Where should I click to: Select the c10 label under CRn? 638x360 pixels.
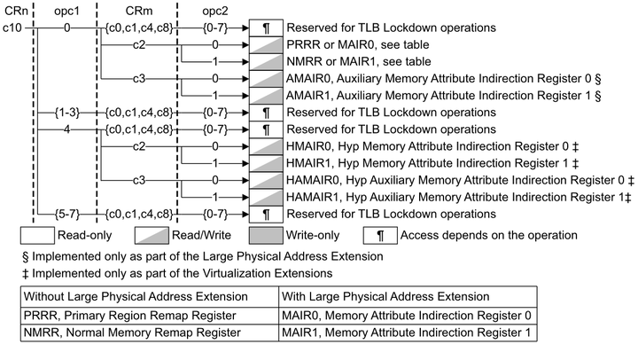[13, 28]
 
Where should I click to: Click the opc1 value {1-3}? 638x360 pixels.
[65, 113]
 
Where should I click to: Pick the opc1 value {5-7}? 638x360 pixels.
[65, 214]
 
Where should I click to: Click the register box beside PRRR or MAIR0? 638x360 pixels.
[267, 45]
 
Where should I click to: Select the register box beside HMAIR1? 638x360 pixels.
[267, 163]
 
